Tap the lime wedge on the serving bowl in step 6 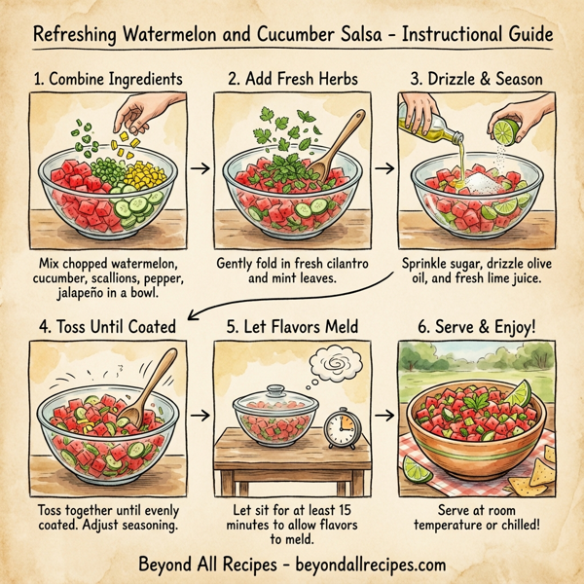coord(519,394)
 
